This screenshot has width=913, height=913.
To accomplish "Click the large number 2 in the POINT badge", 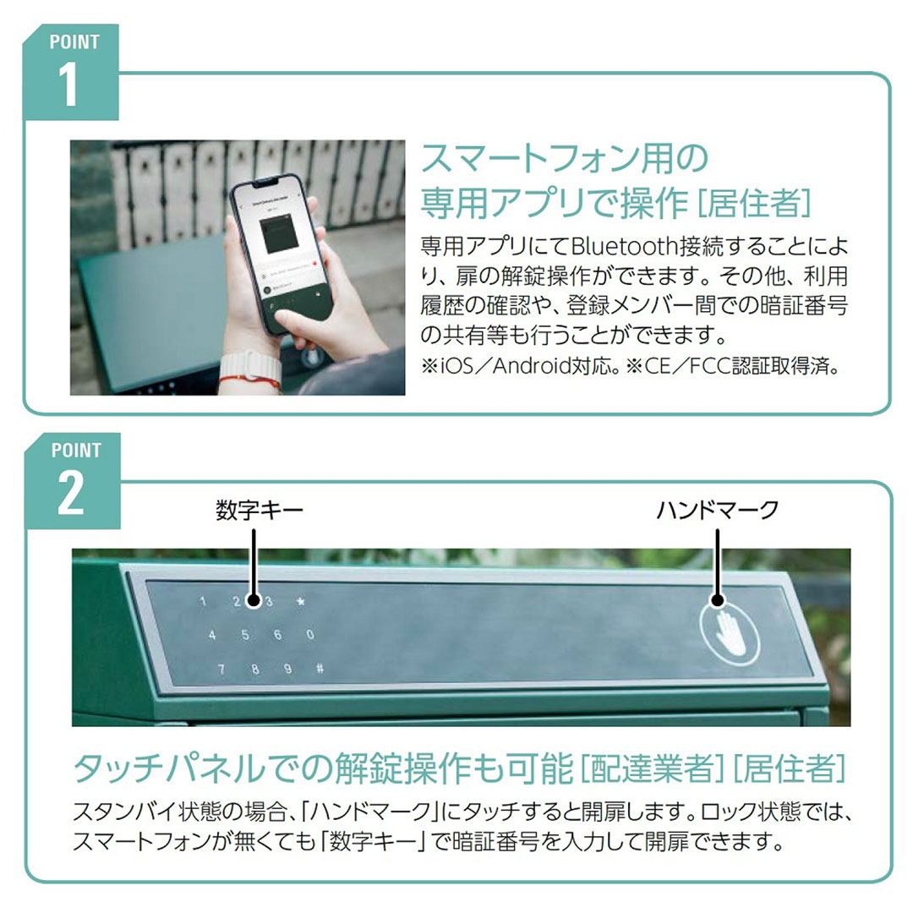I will point(70,495).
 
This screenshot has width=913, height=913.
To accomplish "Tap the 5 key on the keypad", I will point(245,636).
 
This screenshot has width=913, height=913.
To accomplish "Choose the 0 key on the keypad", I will point(310,636).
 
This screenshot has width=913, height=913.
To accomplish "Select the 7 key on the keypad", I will point(221,669).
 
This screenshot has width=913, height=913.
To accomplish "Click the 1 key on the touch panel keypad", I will point(203,603).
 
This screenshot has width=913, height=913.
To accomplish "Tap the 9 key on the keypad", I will point(287,669).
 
